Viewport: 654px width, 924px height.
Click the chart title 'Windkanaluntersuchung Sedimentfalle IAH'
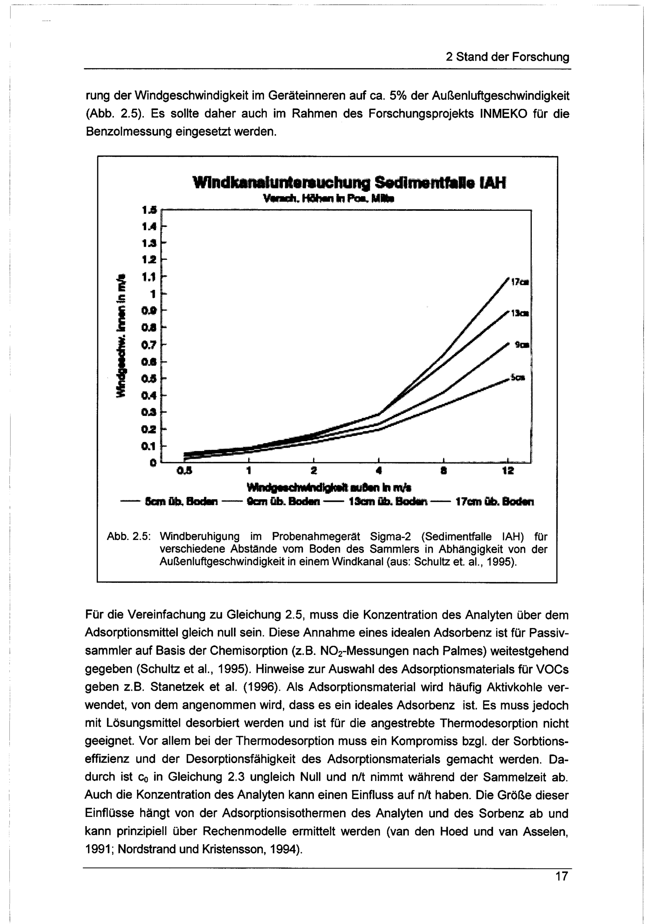349,183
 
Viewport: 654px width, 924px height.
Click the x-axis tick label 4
379,470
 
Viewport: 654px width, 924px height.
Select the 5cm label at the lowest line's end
518,377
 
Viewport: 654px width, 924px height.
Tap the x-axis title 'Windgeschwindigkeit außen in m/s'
329,488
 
